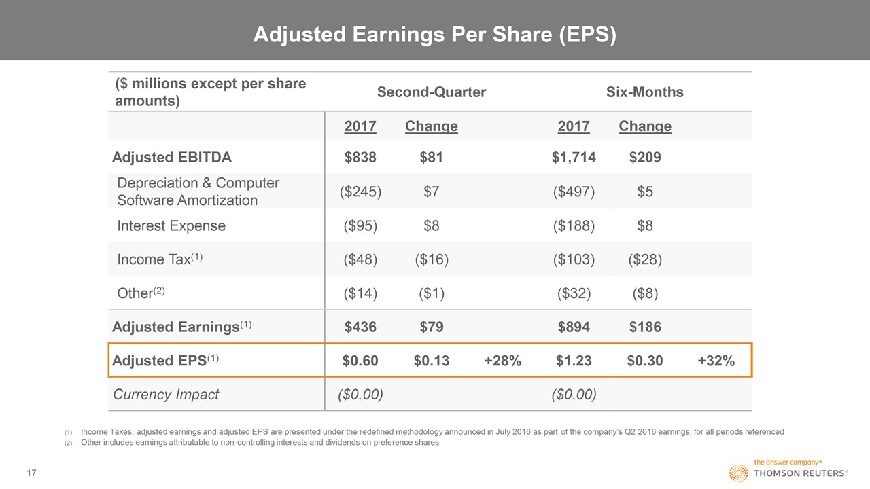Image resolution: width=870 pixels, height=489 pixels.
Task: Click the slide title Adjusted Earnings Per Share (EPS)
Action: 434,35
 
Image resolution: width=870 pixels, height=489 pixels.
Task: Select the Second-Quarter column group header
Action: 431,92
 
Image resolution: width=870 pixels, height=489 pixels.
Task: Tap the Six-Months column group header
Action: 644,92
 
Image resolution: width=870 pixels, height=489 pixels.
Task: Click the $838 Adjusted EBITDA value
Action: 360,158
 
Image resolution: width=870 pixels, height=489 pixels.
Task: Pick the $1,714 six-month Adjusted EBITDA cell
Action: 574,158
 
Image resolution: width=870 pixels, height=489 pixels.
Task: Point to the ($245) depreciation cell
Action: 360,192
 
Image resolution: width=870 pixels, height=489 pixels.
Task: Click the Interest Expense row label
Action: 171,225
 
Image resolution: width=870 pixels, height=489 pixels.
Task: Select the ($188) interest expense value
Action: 574,225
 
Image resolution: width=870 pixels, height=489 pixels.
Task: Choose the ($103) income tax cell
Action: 574,259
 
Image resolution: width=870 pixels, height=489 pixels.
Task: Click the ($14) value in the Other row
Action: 360,293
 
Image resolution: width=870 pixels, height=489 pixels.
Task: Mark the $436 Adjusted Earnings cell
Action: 360,327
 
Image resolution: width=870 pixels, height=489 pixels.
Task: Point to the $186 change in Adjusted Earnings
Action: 644,327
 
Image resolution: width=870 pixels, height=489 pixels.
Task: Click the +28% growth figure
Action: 502,361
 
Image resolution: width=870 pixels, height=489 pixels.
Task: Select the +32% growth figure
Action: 716,361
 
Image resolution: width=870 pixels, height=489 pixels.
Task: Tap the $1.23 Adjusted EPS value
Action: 574,361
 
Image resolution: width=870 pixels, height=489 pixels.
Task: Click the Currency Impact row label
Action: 166,395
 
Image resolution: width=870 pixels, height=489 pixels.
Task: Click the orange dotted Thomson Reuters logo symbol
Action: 739,473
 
